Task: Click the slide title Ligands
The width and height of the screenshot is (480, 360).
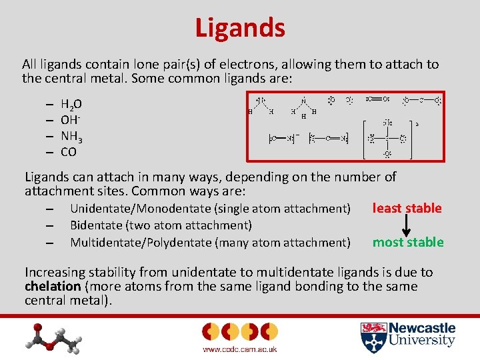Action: click(240, 28)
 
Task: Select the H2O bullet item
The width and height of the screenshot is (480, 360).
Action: click(71, 104)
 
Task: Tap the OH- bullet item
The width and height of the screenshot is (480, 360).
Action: click(69, 120)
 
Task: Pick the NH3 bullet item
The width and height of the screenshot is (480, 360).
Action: click(71, 136)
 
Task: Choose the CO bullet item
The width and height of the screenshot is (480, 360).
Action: click(69, 152)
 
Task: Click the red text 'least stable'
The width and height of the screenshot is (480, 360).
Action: click(407, 208)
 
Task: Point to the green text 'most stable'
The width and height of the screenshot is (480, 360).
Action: click(408, 242)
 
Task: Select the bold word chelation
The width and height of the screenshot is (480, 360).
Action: click(52, 287)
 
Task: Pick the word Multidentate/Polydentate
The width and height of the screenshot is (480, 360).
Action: click(140, 243)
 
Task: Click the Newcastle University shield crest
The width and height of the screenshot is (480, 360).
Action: click(373, 337)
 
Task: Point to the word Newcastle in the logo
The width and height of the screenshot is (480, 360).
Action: click(422, 328)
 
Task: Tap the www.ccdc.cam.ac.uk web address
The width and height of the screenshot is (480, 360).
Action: click(239, 349)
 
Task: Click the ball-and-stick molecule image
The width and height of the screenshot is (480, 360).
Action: click(57, 337)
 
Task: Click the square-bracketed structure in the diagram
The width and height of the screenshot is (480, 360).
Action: click(387, 139)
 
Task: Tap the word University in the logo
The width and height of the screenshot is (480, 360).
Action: click(422, 341)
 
